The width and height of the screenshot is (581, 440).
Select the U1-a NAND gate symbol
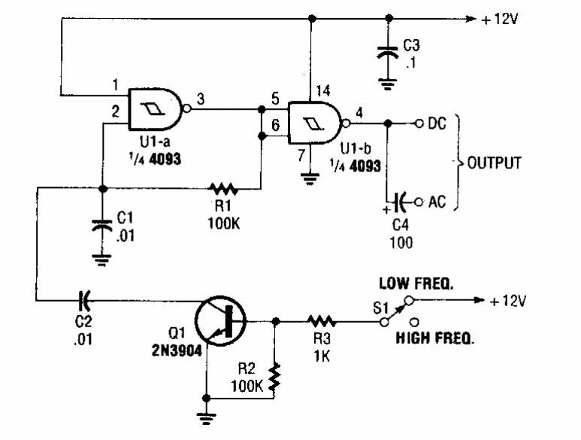point(157,110)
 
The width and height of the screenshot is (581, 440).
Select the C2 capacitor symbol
point(83,300)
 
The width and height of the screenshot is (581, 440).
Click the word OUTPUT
point(495,163)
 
